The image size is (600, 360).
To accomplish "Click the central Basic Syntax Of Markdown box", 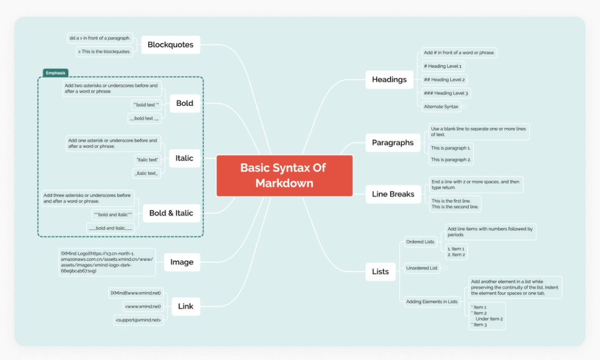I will pyautogui.click(x=284, y=175).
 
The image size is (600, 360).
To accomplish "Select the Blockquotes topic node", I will pyautogui.click(x=170, y=45).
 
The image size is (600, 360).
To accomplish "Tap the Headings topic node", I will pyautogui.click(x=389, y=80).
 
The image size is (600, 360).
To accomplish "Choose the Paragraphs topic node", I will pyautogui.click(x=392, y=143).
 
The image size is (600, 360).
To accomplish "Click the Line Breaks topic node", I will pyautogui.click(x=393, y=194).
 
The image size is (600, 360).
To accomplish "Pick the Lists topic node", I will pyautogui.click(x=380, y=272).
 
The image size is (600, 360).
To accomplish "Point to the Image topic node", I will pyautogui.click(x=182, y=262).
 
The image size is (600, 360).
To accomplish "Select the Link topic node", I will pyautogui.click(x=186, y=306).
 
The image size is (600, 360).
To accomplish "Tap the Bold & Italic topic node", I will pyautogui.click(x=171, y=213).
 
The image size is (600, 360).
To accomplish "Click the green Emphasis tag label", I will pyautogui.click(x=55, y=73).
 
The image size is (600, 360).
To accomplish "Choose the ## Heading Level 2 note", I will pyautogui.click(x=444, y=80).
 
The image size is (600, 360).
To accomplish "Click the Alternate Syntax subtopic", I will pyautogui.click(x=441, y=107).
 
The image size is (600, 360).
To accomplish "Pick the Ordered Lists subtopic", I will pyautogui.click(x=420, y=242).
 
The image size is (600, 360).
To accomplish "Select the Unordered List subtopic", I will pyautogui.click(x=422, y=268).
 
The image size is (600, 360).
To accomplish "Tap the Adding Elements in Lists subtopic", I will pyautogui.click(x=432, y=301).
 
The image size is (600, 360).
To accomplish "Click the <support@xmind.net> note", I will pyautogui.click(x=138, y=320).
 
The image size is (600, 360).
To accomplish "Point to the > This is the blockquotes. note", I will pyautogui.click(x=104, y=52).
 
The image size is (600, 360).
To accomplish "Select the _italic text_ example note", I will pyautogui.click(x=146, y=173).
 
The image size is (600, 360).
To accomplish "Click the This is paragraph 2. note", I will pyautogui.click(x=451, y=160).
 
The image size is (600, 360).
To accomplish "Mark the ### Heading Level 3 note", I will pyautogui.click(x=445, y=93).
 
